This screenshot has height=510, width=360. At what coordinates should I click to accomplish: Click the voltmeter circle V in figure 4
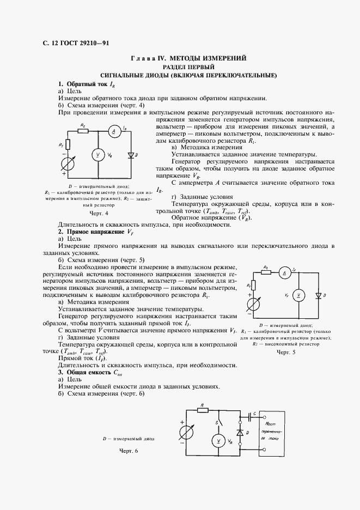99,155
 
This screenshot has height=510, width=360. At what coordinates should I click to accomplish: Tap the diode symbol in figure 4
130,155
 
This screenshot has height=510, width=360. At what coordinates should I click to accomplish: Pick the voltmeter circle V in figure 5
298,295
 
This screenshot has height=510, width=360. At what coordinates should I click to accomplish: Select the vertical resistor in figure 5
252,285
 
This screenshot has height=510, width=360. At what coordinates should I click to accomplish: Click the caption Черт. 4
98,214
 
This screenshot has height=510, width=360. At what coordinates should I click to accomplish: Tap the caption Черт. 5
285,353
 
